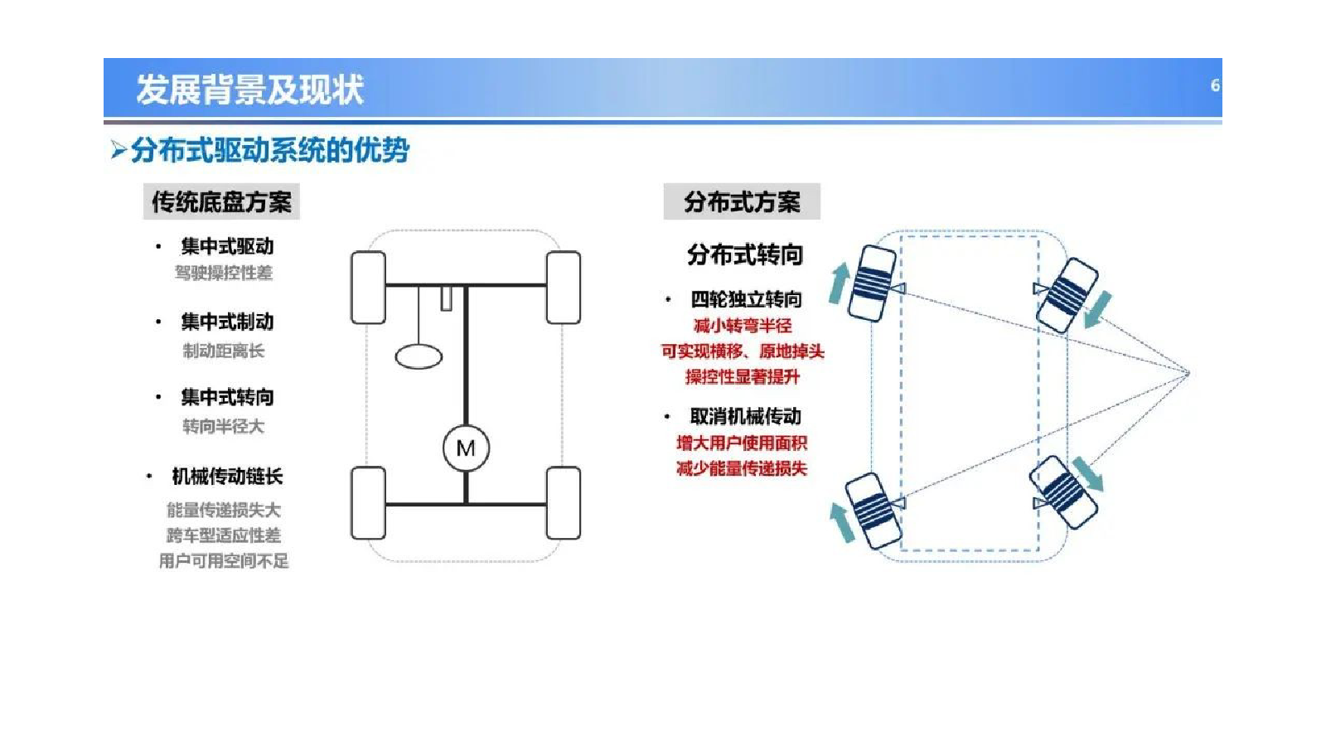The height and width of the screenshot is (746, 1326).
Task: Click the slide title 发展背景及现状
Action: (249, 90)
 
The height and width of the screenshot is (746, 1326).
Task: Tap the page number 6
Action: (1215, 86)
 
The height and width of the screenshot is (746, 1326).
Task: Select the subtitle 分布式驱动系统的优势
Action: (270, 150)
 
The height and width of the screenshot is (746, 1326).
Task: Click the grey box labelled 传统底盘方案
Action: (221, 201)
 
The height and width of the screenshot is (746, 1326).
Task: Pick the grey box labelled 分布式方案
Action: (742, 201)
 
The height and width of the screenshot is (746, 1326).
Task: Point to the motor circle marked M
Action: (466, 448)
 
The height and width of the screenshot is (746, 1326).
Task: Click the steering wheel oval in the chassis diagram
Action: (419, 357)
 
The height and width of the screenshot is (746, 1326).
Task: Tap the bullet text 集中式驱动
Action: (227, 246)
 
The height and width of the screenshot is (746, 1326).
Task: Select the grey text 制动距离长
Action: (224, 351)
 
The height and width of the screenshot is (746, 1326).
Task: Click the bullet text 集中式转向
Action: (227, 397)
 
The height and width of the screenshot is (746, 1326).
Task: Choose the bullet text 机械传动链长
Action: (227, 476)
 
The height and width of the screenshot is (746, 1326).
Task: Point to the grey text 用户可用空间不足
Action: (224, 560)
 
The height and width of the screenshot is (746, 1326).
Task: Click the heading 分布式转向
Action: (745, 255)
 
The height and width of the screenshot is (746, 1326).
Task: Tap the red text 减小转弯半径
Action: (743, 326)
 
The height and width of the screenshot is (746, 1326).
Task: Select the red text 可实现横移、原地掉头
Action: (743, 351)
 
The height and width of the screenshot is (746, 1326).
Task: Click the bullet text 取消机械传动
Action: (746, 416)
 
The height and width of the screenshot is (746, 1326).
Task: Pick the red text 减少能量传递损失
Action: (742, 468)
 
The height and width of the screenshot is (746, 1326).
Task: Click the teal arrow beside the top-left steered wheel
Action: (839, 283)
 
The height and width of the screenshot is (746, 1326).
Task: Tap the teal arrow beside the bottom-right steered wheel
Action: (1088, 473)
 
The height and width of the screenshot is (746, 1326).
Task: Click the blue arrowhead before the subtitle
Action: (119, 150)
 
